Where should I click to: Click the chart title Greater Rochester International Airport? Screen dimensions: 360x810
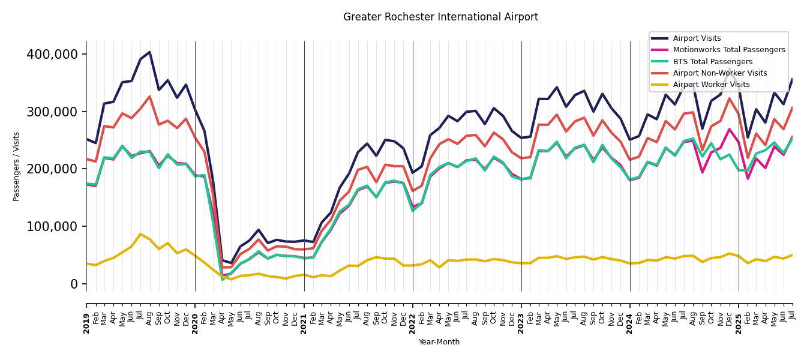(440, 17)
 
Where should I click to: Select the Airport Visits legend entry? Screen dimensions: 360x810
(697, 38)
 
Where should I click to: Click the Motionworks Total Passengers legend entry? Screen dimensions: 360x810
(728, 50)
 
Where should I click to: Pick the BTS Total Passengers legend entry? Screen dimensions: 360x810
(712, 62)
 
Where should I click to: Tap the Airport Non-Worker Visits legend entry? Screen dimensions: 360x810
(719, 73)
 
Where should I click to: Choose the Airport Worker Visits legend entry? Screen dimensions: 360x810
(711, 85)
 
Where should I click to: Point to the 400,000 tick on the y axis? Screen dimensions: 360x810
(52, 55)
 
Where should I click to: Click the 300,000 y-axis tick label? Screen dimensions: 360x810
(52, 112)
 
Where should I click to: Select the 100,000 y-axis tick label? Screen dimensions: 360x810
(52, 227)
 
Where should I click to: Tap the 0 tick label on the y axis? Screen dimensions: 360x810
(75, 284)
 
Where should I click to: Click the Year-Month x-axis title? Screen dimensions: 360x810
(439, 342)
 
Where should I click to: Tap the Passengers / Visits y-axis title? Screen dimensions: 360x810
(17, 166)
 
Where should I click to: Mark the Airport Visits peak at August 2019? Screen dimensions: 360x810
(149, 52)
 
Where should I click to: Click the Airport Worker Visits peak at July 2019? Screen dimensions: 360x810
(140, 234)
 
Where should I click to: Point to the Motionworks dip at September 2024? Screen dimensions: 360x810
(702, 172)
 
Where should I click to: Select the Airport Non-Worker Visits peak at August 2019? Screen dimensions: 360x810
(149, 97)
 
